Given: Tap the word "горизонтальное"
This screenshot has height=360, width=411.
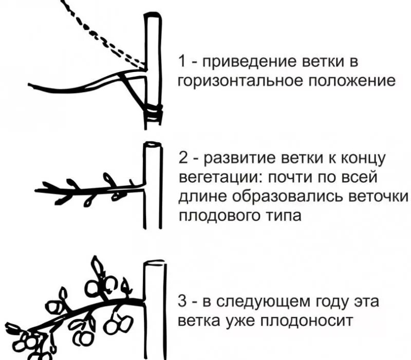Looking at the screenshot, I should (x=234, y=81).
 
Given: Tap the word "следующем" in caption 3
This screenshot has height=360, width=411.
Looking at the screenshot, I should (x=262, y=301).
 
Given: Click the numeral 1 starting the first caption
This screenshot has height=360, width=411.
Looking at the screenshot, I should (x=181, y=62).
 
